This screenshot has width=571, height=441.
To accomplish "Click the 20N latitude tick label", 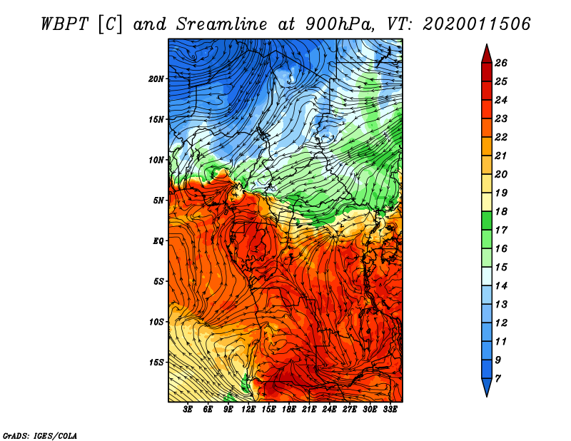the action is [x=156, y=79].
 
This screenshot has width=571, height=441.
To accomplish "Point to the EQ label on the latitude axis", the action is [x=158, y=241].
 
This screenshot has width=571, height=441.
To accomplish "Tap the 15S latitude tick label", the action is [x=156, y=363].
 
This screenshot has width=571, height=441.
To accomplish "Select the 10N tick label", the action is [x=156, y=161].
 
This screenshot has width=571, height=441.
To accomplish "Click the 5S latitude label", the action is [x=158, y=281].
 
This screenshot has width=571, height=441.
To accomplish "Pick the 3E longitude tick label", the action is [x=188, y=410].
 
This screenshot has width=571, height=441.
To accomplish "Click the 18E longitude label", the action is [x=289, y=410].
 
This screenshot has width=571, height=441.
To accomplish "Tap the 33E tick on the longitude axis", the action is [x=390, y=410].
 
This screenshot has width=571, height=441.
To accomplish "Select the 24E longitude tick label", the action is [x=329, y=410].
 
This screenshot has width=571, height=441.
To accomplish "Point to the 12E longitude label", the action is [x=248, y=410].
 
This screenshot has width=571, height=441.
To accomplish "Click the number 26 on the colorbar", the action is [x=501, y=63].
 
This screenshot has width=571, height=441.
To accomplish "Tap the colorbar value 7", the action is [x=497, y=379].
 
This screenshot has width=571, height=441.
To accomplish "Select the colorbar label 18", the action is [x=501, y=211].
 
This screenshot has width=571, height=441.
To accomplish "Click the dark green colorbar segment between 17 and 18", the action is [x=487, y=220].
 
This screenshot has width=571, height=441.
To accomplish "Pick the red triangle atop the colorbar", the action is [x=487, y=54].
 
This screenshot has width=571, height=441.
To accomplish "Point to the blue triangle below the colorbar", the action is [x=487, y=387].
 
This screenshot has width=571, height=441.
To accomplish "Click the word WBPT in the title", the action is [x=64, y=24].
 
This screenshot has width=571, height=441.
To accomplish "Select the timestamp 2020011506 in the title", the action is [x=476, y=24].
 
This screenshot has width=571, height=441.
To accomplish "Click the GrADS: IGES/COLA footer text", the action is [x=40, y=435].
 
